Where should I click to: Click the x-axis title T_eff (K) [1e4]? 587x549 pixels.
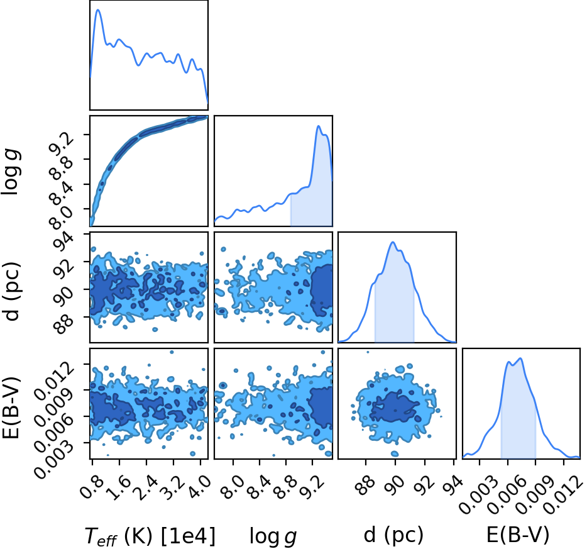pyautogui.click(x=150, y=536)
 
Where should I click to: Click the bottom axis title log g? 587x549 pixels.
pyautogui.click(x=273, y=536)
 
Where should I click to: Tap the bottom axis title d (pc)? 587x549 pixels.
pyautogui.click(x=393, y=535)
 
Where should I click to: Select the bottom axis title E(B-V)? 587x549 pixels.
pyautogui.click(x=518, y=535)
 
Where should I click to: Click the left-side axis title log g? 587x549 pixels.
pyautogui.click(x=11, y=172)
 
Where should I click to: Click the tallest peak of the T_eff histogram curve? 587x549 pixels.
pyautogui.click(x=99, y=9)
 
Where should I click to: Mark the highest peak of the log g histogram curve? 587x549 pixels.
pyautogui.click(x=319, y=126)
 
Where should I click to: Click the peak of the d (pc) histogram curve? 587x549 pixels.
pyautogui.click(x=392, y=242)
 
